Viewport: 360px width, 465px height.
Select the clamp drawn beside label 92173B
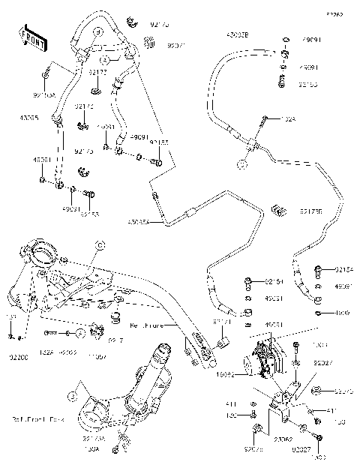click(x=282, y=209)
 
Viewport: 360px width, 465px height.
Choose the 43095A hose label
click(x=139, y=221)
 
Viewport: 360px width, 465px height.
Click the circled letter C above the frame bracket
click(x=97, y=245)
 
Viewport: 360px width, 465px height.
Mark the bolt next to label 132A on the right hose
click(x=265, y=118)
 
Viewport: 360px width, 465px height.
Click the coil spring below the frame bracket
click(x=115, y=322)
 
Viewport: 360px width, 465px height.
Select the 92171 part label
click(x=222, y=320)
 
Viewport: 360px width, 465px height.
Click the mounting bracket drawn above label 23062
click(x=285, y=405)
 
